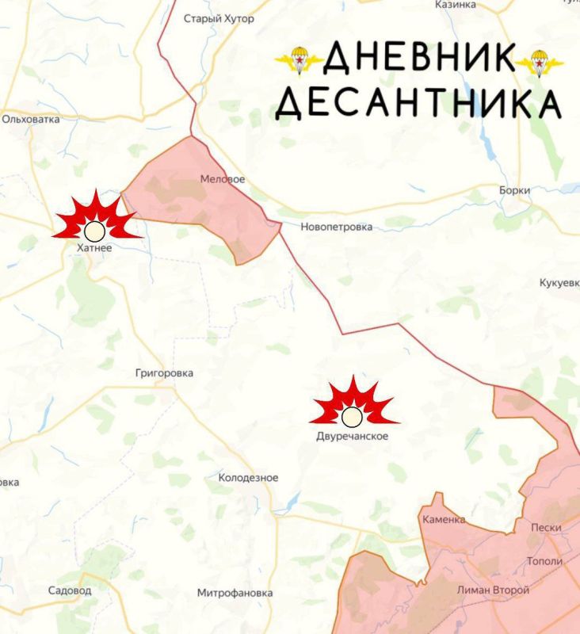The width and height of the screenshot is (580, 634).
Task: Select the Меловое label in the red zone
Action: [223, 180]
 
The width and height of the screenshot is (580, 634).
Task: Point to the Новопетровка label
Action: [336, 227]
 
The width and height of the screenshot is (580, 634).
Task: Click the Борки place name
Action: [515, 191]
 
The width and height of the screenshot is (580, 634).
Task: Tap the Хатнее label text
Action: [95, 249]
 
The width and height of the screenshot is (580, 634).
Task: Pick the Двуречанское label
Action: [353, 437]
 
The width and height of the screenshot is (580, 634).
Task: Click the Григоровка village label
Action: [165, 373]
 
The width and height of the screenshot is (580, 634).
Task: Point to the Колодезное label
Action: [248, 478]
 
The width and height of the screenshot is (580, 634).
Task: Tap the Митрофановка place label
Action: [235, 593]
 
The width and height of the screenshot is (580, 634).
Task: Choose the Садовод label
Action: [70, 590]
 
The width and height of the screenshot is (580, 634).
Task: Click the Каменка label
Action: [444, 520]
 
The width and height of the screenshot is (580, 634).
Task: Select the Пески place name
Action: [547, 528]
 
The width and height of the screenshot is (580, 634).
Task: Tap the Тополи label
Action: [544, 561]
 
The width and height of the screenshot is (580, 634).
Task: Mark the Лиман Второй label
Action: [493, 590]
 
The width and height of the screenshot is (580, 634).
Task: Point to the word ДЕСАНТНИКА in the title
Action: [419, 103]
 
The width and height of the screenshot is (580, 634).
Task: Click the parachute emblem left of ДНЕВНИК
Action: [299, 60]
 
